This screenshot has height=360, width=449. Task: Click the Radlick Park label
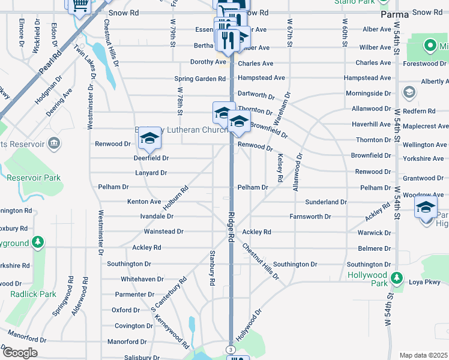[x=33, y=294]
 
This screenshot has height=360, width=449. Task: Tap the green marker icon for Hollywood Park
[x=397, y=278]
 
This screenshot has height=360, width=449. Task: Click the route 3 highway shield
[x=231, y=349]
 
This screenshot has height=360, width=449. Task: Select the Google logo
[x=20, y=353]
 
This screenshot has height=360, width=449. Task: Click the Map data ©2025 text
[x=423, y=355]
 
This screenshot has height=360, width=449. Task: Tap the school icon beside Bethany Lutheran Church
[x=149, y=139]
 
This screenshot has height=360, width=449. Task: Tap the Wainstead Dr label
[x=163, y=232]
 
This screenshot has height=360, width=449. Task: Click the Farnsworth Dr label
[x=310, y=217]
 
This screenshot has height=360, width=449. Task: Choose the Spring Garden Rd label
[x=200, y=79]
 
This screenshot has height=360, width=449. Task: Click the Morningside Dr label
[x=367, y=94]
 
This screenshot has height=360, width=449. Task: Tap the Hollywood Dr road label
[x=250, y=325]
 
